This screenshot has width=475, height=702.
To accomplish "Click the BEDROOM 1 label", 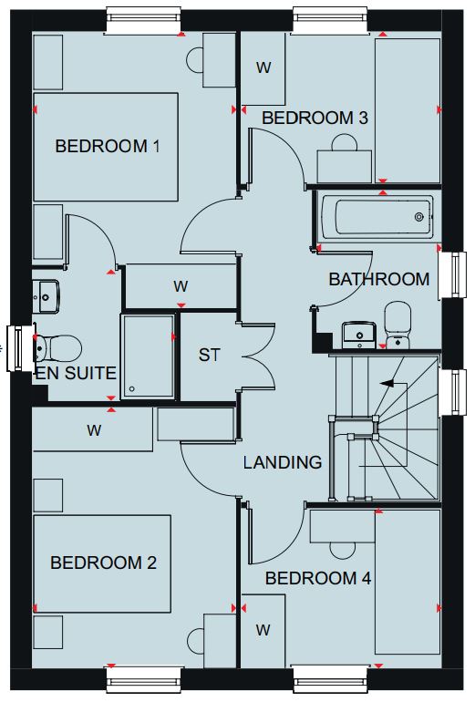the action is (x=108, y=146).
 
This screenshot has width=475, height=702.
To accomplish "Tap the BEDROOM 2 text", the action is (x=103, y=563).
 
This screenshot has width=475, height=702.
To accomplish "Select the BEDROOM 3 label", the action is (x=315, y=118).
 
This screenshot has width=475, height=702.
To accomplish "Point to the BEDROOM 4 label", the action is (x=318, y=578).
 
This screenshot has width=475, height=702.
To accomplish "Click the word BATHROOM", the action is (x=378, y=279).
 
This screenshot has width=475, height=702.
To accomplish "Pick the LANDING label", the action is (x=283, y=462).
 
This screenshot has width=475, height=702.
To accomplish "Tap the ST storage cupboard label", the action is (x=209, y=355).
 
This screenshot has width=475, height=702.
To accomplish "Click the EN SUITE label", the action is (x=76, y=373).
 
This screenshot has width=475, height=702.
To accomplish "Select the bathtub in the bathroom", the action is (x=377, y=217).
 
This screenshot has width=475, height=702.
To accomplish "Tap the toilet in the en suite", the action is (x=57, y=347).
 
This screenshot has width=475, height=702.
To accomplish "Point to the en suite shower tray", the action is (x=148, y=356).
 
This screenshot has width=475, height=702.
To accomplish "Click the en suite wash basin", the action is (x=46, y=296).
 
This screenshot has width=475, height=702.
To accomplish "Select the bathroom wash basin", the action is (x=358, y=335).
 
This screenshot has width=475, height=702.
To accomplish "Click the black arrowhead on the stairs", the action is (x=387, y=383).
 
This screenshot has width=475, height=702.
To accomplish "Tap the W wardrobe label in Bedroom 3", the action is (x=263, y=67).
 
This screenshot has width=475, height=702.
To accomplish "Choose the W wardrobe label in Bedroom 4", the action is (x=263, y=630).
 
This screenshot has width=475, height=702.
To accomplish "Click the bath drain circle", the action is (x=419, y=217).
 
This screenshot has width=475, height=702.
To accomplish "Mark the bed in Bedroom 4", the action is (x=408, y=582).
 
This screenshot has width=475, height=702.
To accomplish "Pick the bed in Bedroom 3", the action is (x=408, y=110).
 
